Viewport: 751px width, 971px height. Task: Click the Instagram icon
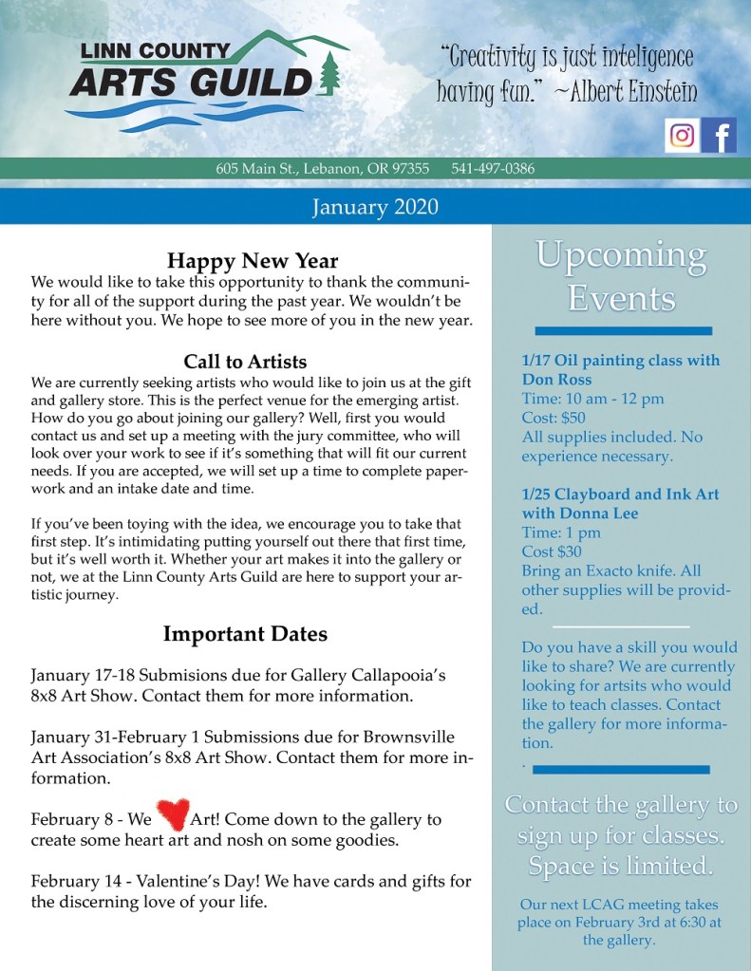682,136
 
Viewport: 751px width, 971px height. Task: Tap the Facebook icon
720,136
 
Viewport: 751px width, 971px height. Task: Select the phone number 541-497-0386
493,169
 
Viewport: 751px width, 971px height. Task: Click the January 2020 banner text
375,206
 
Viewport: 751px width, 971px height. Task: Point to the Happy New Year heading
253,260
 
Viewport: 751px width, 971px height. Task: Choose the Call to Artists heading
245,362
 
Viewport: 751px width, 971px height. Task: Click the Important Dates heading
245,633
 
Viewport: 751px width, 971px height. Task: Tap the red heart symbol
172,813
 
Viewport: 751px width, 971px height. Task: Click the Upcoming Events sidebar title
621,276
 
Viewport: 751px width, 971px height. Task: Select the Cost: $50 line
554,418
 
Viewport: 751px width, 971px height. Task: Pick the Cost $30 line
552,551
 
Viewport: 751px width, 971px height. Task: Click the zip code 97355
411,169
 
